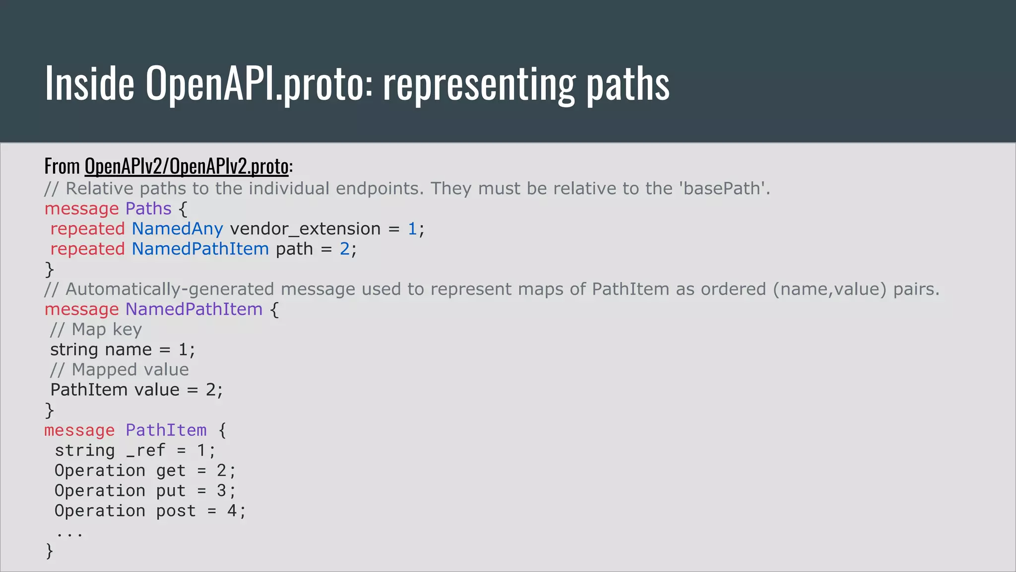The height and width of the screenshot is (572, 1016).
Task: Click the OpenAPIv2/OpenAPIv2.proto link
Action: (187, 166)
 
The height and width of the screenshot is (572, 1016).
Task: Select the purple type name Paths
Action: (148, 209)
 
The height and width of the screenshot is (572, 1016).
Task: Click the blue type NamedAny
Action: (177, 229)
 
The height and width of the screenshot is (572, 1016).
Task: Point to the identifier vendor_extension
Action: (305, 229)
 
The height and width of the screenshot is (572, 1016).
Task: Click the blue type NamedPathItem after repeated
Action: (200, 249)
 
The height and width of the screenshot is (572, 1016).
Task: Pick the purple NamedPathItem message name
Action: (193, 309)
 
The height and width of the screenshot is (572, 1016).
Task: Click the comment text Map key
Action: (107, 330)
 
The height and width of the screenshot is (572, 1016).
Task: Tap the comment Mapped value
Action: (130, 370)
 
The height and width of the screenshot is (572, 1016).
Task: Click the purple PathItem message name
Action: (166, 430)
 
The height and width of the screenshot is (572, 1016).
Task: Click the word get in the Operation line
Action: (171, 471)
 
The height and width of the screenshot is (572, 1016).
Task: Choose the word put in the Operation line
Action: (171, 491)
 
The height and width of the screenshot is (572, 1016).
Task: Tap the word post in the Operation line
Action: (176, 511)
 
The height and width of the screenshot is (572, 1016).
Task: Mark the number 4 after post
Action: (232, 511)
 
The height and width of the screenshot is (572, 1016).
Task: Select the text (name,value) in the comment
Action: (829, 289)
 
